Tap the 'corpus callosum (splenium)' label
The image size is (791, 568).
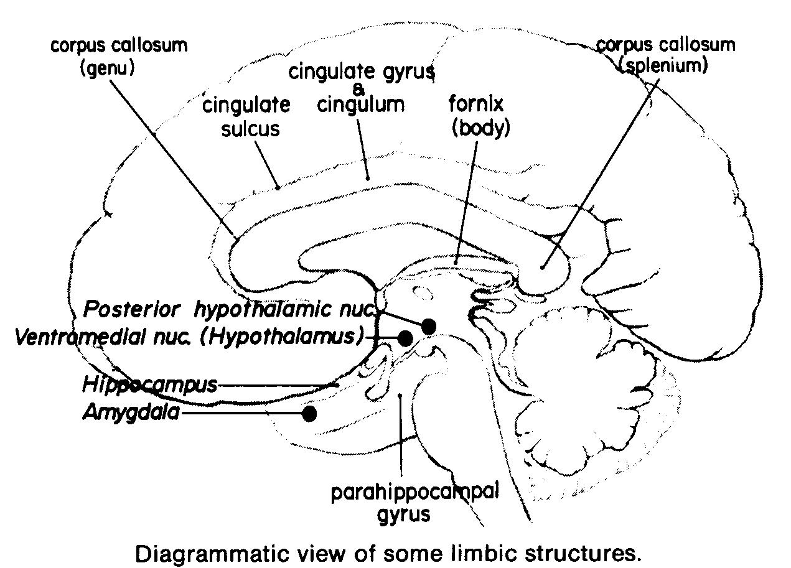(x=665, y=55)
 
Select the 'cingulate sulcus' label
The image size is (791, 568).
(x=246, y=117)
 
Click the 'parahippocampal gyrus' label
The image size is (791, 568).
(x=414, y=503)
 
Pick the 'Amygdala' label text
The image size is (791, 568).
(x=131, y=412)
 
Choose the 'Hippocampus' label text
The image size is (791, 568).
(x=149, y=384)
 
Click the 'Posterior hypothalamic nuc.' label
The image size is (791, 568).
(x=233, y=309)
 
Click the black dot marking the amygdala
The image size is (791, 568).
(x=309, y=413)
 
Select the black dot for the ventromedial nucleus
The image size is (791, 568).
(x=405, y=338)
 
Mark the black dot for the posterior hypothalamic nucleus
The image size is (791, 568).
(x=428, y=326)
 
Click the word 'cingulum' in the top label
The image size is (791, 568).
(x=360, y=104)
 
